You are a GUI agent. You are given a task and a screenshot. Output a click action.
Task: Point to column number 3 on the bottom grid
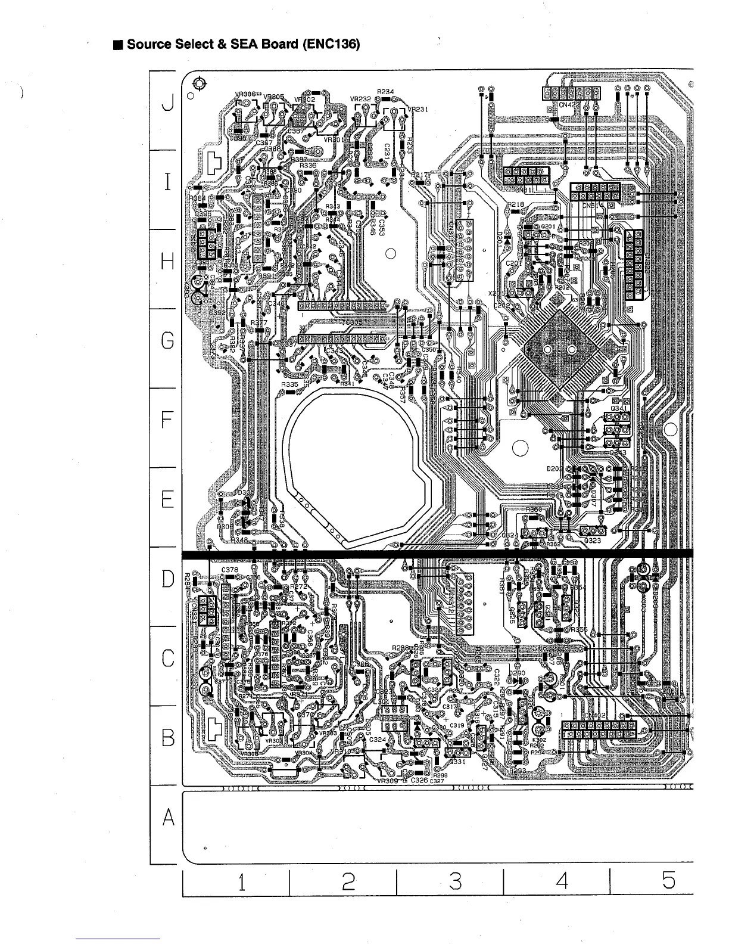455,881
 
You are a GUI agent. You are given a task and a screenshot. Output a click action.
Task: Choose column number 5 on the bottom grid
668,881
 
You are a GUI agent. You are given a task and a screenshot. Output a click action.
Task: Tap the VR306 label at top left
245,94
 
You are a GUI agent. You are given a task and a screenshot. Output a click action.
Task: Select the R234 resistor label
385,91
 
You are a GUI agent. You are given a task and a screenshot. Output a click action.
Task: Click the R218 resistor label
516,204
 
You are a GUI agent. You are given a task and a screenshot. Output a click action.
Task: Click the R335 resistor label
289,385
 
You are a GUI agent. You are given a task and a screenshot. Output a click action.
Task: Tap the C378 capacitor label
230,570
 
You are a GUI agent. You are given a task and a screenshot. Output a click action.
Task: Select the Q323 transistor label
592,541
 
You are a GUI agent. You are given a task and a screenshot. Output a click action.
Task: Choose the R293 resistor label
517,771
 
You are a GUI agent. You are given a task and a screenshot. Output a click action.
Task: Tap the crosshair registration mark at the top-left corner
200,83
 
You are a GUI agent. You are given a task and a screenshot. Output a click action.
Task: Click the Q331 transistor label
457,762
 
